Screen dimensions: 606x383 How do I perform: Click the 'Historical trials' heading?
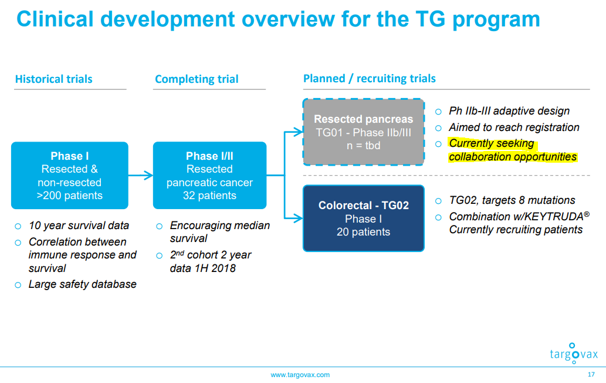(54, 79)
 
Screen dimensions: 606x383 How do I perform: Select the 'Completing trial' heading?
(197, 79)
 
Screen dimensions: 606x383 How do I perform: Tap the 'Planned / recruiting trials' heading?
(369, 79)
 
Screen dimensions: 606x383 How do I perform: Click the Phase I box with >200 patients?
(70, 175)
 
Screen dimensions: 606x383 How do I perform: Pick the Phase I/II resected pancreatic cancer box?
(209, 175)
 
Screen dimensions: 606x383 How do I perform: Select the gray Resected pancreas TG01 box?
(363, 132)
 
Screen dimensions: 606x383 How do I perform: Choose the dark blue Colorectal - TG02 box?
(363, 218)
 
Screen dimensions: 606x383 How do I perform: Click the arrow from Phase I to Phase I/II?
(141, 175)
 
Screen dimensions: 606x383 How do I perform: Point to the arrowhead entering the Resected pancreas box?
(298, 132)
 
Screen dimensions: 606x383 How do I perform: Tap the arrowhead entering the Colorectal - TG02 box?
(298, 218)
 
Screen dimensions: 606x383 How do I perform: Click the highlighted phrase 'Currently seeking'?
(491, 143)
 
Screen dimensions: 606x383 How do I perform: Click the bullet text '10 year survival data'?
(79, 226)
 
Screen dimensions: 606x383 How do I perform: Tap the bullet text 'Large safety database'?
(82, 284)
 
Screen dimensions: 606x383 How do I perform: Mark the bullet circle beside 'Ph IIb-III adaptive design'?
(438, 112)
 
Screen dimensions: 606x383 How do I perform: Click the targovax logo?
(574, 353)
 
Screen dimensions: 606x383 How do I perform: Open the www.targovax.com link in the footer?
(300, 375)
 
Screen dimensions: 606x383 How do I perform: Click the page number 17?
(591, 375)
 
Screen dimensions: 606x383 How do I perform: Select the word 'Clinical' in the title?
(55, 19)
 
